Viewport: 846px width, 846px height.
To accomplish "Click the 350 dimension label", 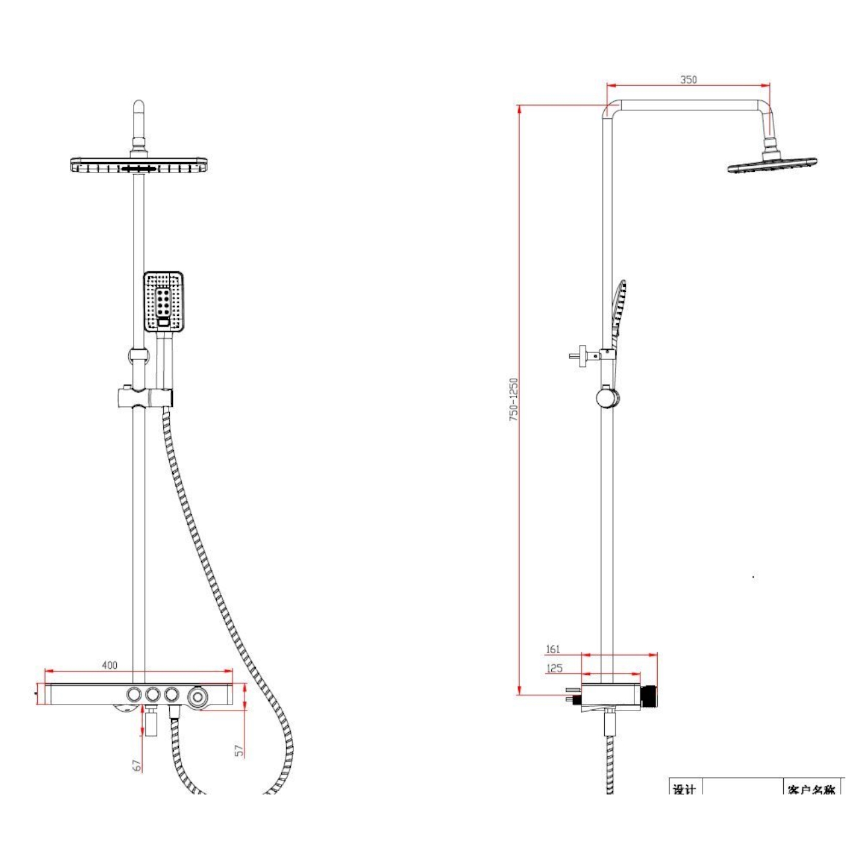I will [x=688, y=79].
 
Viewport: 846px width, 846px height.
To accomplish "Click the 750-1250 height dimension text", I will [x=514, y=400].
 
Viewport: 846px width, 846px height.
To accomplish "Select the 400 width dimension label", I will [x=110, y=665].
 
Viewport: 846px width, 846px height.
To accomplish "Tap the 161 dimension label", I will [x=553, y=649].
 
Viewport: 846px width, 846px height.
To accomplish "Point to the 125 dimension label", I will [x=554, y=668].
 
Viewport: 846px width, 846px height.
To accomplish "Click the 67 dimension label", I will [x=137, y=765].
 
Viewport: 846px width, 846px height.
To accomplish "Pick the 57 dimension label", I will [x=239, y=750].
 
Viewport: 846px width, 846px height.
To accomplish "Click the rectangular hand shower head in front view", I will [x=163, y=301].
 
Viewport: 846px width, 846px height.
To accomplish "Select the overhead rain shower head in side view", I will [x=772, y=165].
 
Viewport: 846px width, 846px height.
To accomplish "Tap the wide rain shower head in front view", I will [x=139, y=165].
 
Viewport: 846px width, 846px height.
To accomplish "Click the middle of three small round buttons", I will [x=153, y=695].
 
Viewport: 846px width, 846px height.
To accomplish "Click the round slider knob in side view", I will [x=607, y=398].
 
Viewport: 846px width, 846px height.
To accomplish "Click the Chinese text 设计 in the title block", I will [x=684, y=789].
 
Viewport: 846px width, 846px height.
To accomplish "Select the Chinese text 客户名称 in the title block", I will [x=811, y=789].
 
